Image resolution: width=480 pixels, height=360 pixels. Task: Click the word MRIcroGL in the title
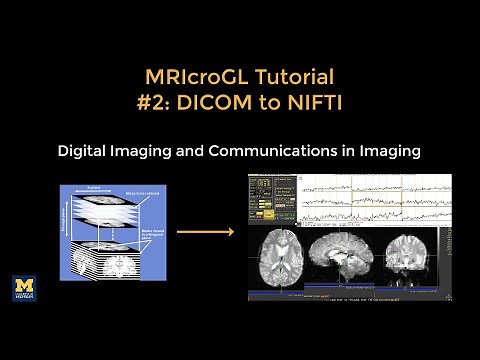[191, 77]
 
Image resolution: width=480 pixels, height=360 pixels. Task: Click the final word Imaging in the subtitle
[386, 151]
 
